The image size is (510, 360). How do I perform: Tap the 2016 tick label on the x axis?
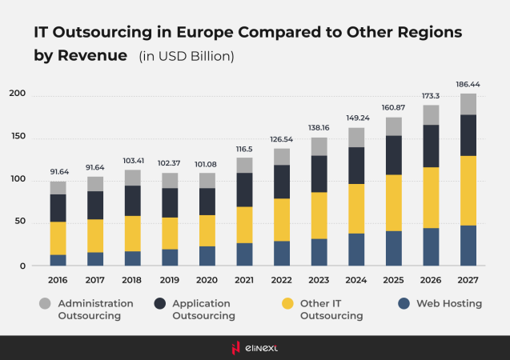(x=58, y=281)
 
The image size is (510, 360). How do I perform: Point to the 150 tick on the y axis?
(x=17, y=138)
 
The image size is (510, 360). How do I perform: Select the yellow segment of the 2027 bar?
(x=468, y=190)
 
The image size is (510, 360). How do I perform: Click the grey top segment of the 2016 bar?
(x=58, y=188)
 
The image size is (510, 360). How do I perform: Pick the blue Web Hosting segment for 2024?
(x=356, y=250)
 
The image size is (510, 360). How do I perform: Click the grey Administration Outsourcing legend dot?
(x=44, y=304)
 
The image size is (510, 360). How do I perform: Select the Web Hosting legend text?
(x=439, y=304)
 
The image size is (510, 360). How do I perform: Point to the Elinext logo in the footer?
(x=255, y=348)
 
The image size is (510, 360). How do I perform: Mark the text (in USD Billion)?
(x=186, y=57)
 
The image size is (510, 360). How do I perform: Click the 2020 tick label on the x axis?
(x=207, y=281)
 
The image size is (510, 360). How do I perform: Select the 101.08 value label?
(x=207, y=163)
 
